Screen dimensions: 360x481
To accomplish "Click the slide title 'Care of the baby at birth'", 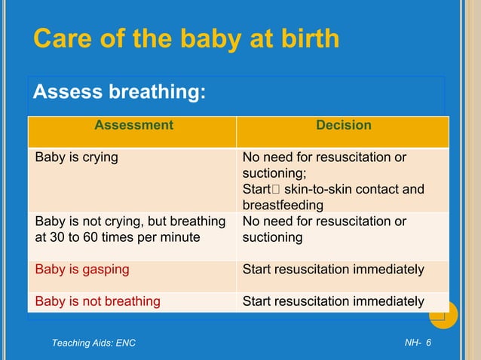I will click(186, 39).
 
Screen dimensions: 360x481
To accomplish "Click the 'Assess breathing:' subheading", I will click(119, 93).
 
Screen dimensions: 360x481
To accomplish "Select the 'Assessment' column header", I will click(133, 125).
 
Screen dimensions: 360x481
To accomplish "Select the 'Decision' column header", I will click(343, 125).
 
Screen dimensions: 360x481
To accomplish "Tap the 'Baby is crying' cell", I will click(77, 157).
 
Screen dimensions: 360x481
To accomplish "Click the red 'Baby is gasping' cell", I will click(82, 269).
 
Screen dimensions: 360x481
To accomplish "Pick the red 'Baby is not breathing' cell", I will click(98, 301).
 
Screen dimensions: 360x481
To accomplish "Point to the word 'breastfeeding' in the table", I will click(283, 205).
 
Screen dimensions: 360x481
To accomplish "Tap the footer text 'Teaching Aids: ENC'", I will click(93, 343).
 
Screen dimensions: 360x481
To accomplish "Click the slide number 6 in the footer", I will click(428, 343).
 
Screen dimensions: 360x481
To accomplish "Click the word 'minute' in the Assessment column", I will click(181, 237).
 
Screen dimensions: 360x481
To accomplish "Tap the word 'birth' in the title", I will click(306, 39).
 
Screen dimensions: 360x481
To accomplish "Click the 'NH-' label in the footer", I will click(412, 343).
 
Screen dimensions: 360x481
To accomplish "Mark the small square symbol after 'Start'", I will click(276, 190).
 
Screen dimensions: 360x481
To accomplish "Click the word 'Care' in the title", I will click(63, 39).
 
